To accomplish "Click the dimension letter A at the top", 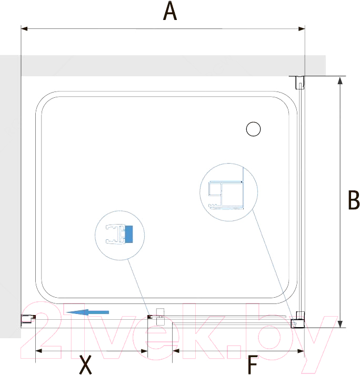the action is (x=169, y=11).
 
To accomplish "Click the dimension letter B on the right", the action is (x=354, y=200).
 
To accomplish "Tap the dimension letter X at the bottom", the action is (x=85, y=364).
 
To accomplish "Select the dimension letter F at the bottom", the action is (x=253, y=364).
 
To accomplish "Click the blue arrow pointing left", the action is (x=87, y=312).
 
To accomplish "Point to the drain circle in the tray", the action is (x=253, y=129).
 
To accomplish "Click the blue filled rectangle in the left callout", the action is (x=129, y=235).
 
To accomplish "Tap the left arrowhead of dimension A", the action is (x=24, y=29).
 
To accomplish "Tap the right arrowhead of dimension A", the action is (x=302, y=29).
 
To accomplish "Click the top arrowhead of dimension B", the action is (x=339, y=80).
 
